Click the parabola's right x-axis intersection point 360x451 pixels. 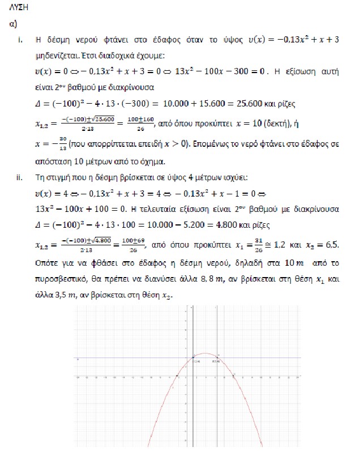[234, 376]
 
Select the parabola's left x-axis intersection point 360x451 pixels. [177, 376]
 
